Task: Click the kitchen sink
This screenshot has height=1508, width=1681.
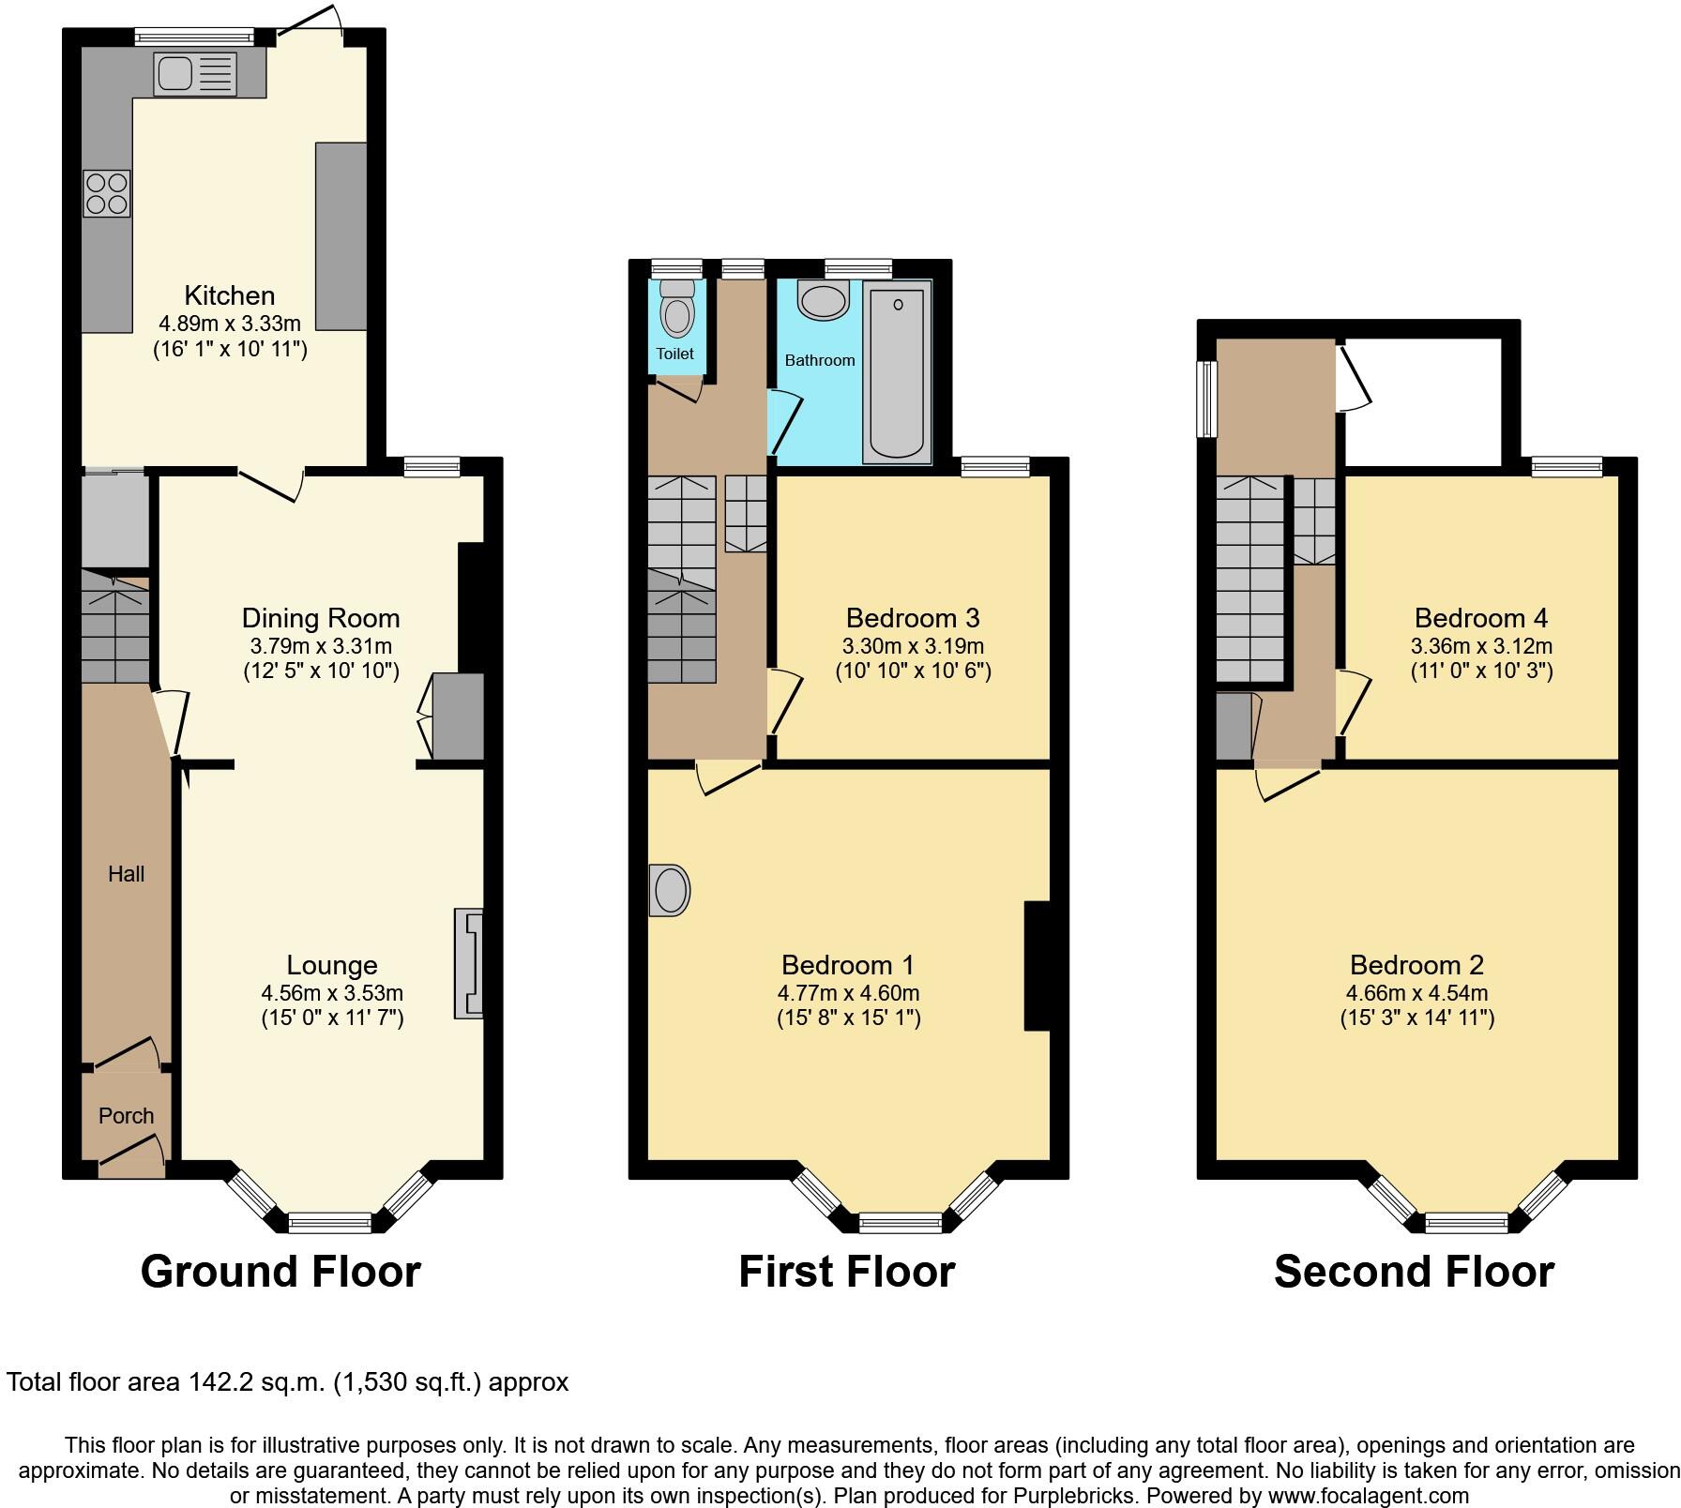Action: click(195, 74)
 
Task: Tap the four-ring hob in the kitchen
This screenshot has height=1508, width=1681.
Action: click(106, 193)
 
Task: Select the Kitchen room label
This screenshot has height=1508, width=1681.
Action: click(230, 295)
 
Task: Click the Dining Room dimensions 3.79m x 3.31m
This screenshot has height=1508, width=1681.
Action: click(321, 646)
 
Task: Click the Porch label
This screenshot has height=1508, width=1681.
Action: click(126, 1116)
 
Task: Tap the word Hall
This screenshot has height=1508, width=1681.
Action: click(126, 874)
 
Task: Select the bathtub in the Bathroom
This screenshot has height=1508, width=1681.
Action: click(899, 372)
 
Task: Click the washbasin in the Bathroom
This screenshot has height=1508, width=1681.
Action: click(823, 301)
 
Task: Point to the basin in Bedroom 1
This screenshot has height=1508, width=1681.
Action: click(670, 890)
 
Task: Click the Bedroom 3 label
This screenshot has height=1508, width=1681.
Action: click(913, 618)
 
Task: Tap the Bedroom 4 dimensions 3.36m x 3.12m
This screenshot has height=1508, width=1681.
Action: click(1481, 646)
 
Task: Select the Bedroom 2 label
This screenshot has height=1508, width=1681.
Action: click(1416, 965)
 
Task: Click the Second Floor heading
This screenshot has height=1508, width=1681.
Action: click(1414, 1272)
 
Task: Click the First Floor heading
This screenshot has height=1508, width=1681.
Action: click(846, 1272)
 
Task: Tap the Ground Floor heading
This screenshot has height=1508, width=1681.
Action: click(280, 1272)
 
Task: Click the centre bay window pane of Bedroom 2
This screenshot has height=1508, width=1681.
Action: click(1467, 1222)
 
